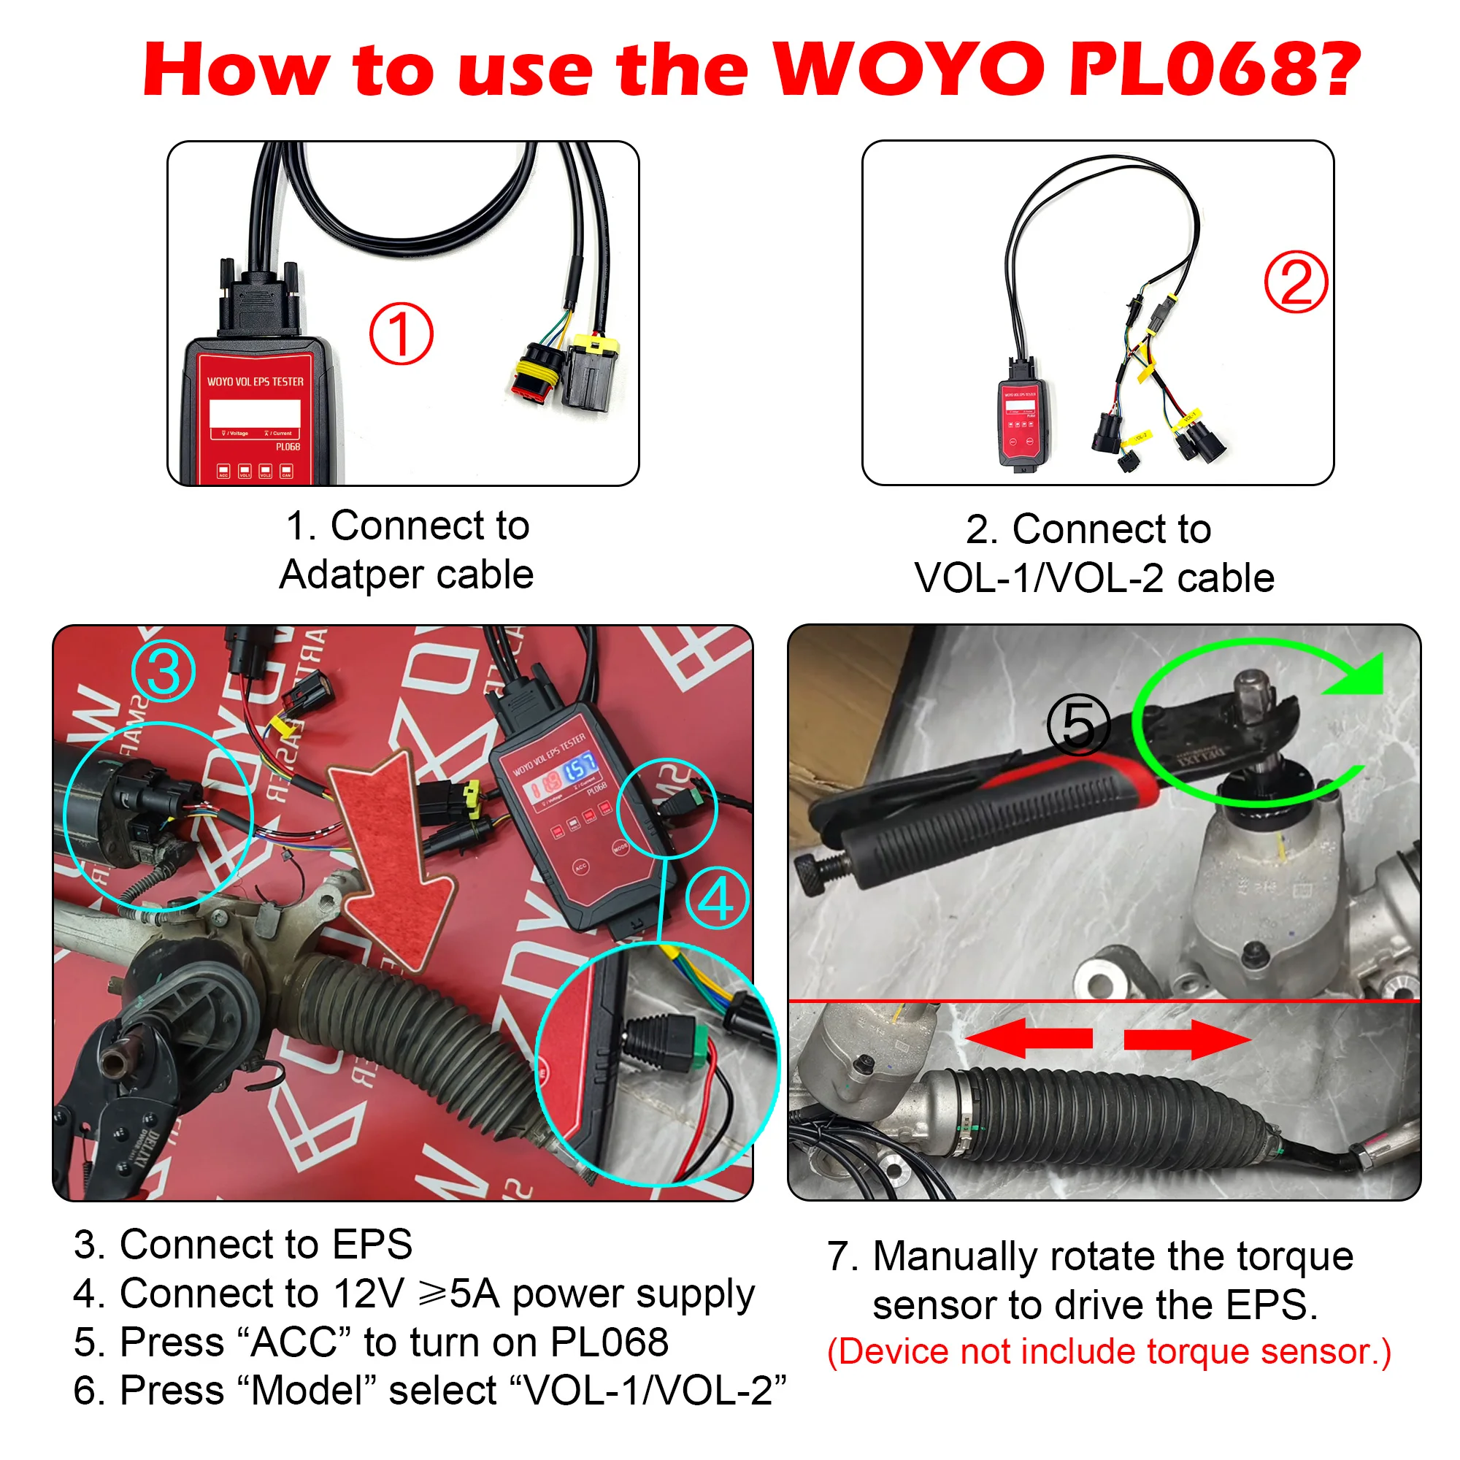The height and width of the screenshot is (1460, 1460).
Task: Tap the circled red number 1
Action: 401,334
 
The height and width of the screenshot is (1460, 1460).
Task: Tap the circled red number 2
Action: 1295,282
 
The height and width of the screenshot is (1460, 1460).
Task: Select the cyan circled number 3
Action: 164,671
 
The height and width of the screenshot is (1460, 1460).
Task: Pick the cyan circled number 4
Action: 715,899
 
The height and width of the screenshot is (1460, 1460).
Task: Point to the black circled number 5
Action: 1077,725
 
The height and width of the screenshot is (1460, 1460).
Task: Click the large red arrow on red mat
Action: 393,854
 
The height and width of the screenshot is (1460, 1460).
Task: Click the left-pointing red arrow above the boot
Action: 1029,1038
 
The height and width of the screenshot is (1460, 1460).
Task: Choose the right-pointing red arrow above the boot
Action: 1186,1039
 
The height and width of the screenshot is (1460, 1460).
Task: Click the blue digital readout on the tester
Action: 580,769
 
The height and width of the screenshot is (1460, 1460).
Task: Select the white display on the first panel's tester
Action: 255,413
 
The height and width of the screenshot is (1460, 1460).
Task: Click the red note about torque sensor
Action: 1109,1352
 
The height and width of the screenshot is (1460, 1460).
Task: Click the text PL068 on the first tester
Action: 287,447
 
